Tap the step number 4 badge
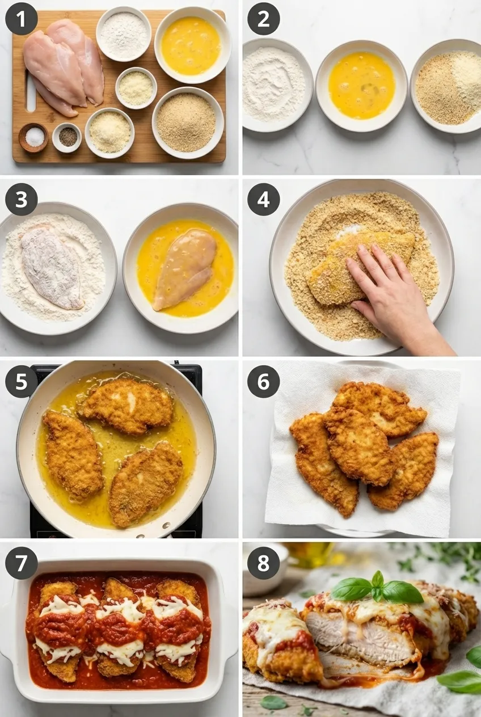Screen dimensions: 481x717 [x=263, y=200]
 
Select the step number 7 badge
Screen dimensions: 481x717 [x=21, y=563]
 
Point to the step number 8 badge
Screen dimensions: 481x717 [x=263, y=563]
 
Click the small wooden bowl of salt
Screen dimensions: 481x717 [x=33, y=138]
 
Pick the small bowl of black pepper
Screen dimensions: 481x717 [x=67, y=138]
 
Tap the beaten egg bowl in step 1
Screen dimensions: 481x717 [x=193, y=45]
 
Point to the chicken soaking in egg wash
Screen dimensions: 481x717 [x=184, y=269]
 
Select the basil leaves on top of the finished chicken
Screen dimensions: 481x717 [x=378, y=588]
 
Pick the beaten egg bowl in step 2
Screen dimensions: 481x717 [x=362, y=86]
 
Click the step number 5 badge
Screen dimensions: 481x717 [x=21, y=381]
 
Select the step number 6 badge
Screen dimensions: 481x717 [x=263, y=381]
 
